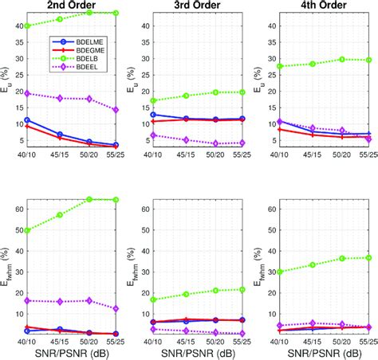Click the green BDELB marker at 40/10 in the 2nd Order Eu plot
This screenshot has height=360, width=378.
pyautogui.click(x=28, y=25)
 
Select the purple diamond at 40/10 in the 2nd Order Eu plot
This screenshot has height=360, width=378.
pyautogui.click(x=28, y=93)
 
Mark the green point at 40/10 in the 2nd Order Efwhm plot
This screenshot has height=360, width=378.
pyautogui.click(x=28, y=230)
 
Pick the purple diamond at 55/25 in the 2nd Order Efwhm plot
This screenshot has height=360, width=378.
pyautogui.click(x=116, y=308)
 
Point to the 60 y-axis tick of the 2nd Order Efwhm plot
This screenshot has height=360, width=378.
pyautogui.click(x=18, y=209)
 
